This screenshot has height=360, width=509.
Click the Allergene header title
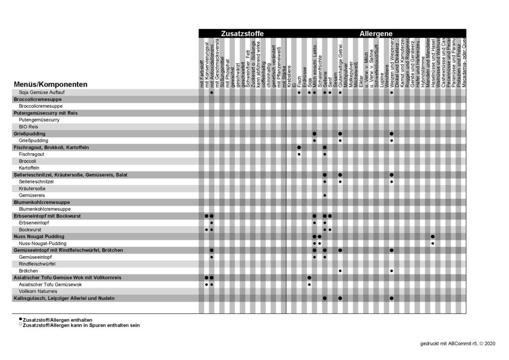tap(376, 34)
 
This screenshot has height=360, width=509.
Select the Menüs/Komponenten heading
tap(51, 85)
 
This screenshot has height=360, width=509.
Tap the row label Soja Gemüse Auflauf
tap(42, 92)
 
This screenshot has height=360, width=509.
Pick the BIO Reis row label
tap(29, 127)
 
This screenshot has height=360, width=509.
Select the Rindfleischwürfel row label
tap(37, 264)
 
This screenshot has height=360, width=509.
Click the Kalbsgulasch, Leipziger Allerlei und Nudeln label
tap(64, 298)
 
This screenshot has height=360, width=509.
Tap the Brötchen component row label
tap(29, 271)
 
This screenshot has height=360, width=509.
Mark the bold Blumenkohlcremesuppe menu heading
tap(42, 202)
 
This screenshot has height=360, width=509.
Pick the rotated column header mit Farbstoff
tap(202, 75)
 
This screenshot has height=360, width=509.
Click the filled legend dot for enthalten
tap(20, 319)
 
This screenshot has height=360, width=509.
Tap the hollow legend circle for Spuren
tap(20, 325)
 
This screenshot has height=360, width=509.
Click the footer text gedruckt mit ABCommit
tap(454, 344)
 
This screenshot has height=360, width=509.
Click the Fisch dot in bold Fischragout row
tap(299, 148)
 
